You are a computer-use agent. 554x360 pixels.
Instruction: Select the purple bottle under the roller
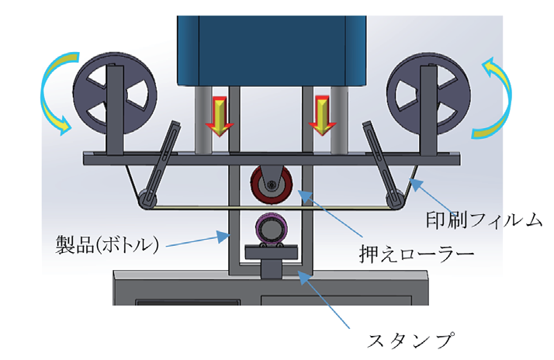click(271, 230)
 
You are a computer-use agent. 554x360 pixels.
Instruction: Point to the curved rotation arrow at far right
click(497, 97)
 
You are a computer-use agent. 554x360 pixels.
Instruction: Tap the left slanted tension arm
click(158, 167)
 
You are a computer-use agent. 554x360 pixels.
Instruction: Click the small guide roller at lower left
click(144, 202)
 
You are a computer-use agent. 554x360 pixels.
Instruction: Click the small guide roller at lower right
click(396, 199)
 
